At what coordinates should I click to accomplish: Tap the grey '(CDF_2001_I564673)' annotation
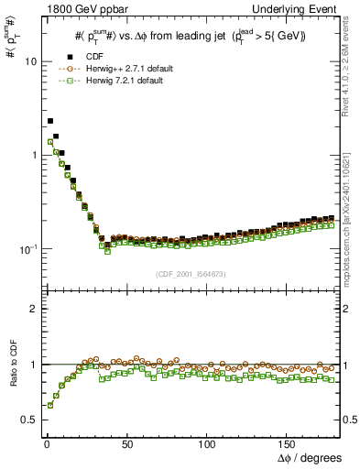tap(191, 273)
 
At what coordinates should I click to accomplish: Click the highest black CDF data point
tap(50, 120)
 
